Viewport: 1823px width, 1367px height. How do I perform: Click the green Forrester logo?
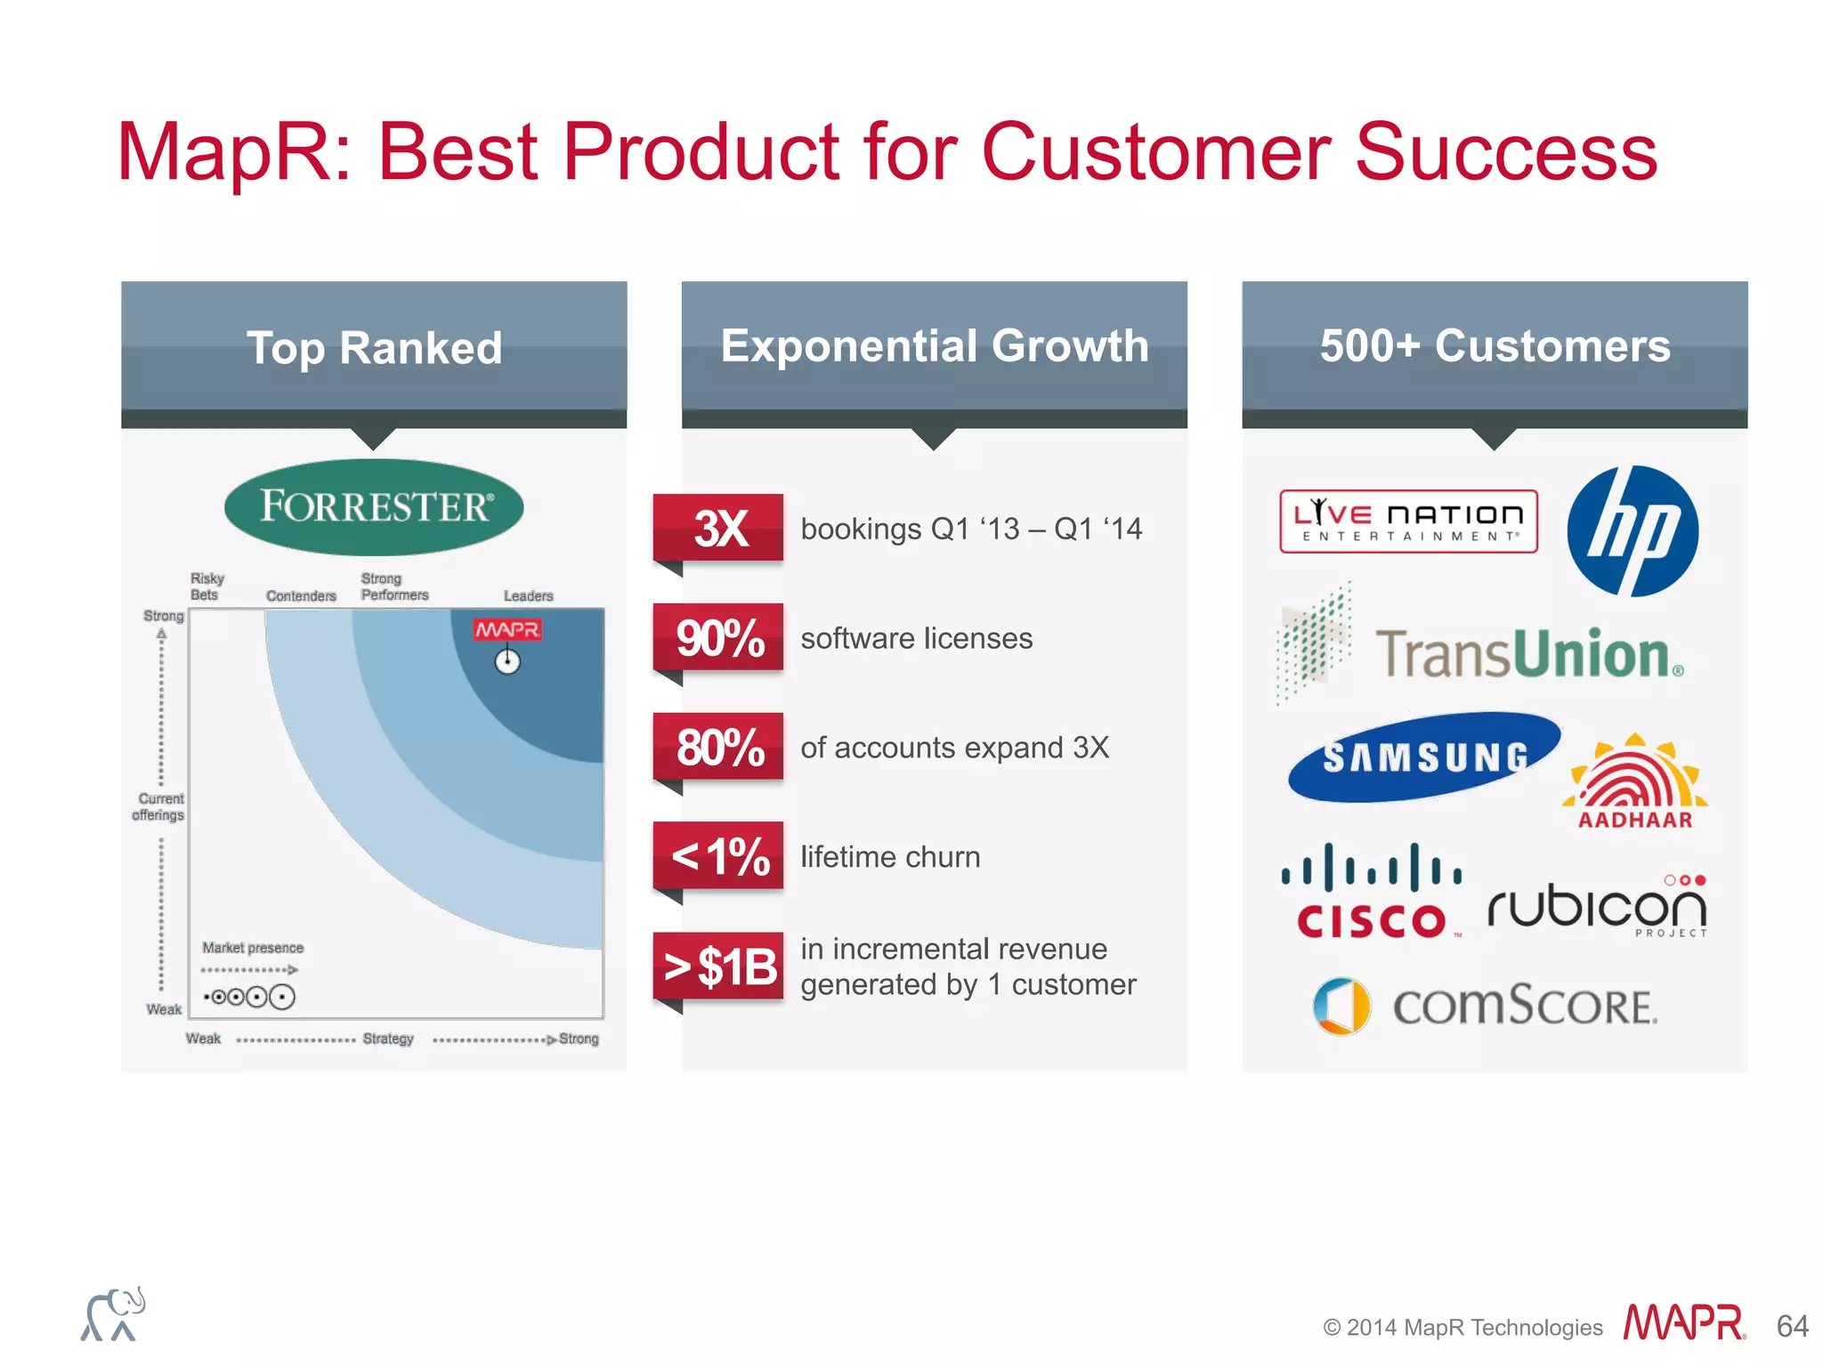tap(374, 506)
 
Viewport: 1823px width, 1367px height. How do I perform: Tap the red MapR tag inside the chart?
tap(507, 629)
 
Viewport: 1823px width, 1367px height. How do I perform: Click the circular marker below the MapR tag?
tap(507, 662)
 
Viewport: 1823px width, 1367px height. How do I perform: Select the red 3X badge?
tap(719, 528)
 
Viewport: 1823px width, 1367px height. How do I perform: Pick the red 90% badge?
tap(719, 637)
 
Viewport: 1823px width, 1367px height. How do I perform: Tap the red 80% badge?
tap(719, 747)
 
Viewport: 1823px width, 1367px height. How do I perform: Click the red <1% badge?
tap(719, 856)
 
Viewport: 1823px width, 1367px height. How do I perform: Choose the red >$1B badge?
tap(719, 967)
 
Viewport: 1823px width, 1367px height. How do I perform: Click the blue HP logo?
tap(1633, 531)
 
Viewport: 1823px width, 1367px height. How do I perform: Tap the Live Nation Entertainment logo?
tap(1408, 522)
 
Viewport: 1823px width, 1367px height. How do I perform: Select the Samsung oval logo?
tap(1424, 757)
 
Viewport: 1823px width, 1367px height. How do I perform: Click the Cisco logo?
tap(1371, 893)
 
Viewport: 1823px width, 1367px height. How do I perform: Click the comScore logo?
tap(1485, 1007)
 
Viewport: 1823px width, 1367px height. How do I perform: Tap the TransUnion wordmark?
tap(1527, 655)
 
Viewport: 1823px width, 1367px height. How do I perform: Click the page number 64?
tap(1792, 1326)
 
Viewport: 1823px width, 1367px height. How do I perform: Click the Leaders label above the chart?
tap(528, 595)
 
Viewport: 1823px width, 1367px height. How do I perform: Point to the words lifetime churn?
tap(890, 857)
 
